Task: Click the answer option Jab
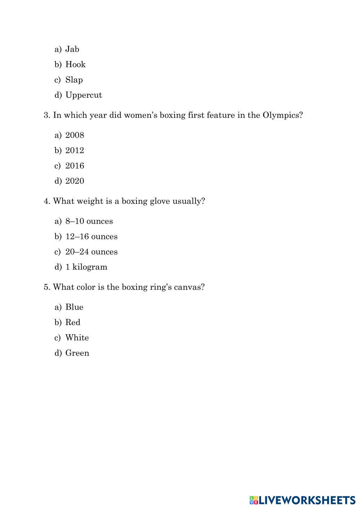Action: (72, 49)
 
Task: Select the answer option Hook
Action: (75, 64)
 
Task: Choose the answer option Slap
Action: (74, 80)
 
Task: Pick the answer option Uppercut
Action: (84, 95)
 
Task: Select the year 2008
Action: (75, 135)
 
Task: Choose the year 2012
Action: (75, 150)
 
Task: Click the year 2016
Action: (75, 166)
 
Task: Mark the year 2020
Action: (75, 181)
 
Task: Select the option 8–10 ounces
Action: (89, 221)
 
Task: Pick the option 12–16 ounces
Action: (91, 237)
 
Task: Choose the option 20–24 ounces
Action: (91, 252)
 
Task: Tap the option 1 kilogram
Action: (86, 267)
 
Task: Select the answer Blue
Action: (74, 307)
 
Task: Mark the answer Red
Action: (73, 323)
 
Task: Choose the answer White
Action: (77, 338)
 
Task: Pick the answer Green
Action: (77, 353)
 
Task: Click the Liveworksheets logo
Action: (302, 500)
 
